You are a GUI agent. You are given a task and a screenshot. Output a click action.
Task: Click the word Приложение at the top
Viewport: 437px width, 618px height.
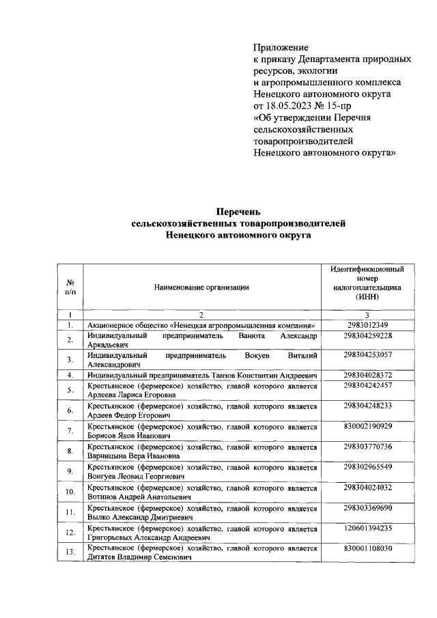point(281,48)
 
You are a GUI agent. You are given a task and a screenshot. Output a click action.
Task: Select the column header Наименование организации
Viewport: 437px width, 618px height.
point(201,287)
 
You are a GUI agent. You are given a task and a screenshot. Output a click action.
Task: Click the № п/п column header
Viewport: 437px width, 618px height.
point(70,287)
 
